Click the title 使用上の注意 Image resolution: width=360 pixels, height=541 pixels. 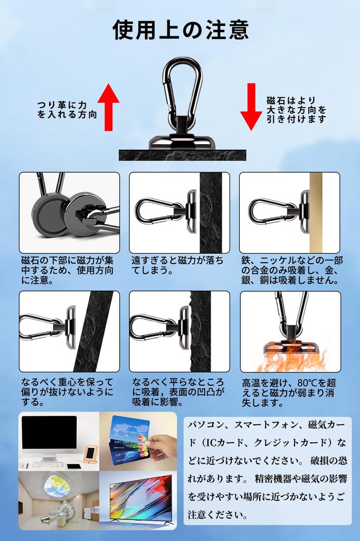tap(181, 30)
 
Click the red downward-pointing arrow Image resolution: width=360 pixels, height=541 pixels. tap(251, 106)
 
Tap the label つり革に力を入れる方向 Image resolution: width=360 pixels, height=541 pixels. tap(67, 110)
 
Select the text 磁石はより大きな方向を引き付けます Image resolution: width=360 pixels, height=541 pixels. tap(296, 110)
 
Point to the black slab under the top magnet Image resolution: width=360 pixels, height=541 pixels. tap(182, 155)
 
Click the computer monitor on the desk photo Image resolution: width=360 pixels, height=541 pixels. tap(49, 435)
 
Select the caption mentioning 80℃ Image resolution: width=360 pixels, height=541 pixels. tap(288, 392)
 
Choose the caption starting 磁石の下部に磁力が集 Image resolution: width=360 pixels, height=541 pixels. tap(67, 270)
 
